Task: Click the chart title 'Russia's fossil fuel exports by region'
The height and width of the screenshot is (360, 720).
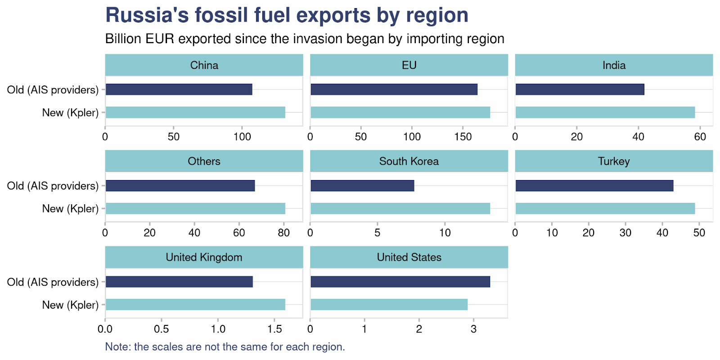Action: (x=287, y=15)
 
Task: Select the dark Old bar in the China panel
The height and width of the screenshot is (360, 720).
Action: (x=179, y=89)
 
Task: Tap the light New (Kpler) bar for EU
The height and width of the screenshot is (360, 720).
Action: (x=400, y=112)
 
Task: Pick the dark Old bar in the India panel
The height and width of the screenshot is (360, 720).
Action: (x=580, y=89)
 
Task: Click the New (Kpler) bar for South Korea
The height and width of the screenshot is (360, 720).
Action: (x=400, y=208)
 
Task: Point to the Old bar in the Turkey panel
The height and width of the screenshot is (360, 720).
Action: (x=594, y=185)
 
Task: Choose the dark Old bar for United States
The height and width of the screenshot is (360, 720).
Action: (x=400, y=282)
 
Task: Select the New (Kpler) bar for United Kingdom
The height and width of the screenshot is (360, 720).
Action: (x=195, y=305)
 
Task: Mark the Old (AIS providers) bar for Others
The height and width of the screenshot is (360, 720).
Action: (x=180, y=185)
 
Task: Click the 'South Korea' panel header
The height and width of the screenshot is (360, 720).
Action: (x=409, y=161)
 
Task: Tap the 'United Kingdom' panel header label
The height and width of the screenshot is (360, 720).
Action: (x=204, y=257)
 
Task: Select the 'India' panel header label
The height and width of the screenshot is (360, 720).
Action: (x=614, y=65)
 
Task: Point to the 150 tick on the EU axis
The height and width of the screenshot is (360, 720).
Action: (x=463, y=137)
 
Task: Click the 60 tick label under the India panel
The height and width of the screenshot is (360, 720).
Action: (x=700, y=137)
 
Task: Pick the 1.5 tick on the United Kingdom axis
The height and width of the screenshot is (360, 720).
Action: (x=274, y=329)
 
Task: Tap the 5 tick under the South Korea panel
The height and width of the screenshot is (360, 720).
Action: (x=377, y=233)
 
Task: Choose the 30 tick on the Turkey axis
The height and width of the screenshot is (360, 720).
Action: (x=625, y=233)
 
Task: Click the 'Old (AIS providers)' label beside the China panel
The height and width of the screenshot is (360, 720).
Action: (x=53, y=90)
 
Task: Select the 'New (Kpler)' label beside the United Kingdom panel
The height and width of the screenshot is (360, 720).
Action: (x=70, y=305)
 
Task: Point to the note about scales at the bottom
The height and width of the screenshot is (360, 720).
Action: (x=225, y=347)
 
